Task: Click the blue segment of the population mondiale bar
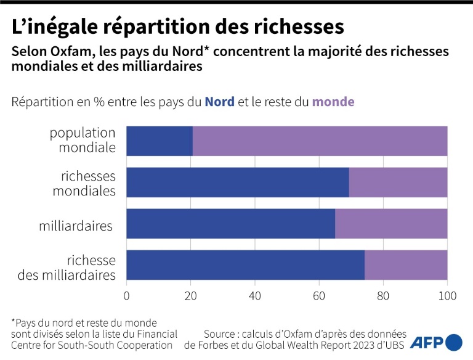point(160,141)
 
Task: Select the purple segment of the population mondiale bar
point(320,141)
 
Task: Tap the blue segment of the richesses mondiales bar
point(238,182)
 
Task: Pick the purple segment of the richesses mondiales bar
point(398,182)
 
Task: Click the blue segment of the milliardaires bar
point(231,224)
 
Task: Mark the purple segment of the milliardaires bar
point(391,224)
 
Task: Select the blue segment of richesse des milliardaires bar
point(245,265)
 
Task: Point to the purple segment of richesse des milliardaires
point(406,265)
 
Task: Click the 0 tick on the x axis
point(127,296)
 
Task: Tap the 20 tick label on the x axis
point(191,296)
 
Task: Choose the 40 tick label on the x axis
point(255,296)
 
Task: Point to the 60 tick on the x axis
point(319,296)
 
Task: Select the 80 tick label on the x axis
point(383,296)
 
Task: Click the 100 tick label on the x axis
point(447,296)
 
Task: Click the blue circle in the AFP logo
point(454,342)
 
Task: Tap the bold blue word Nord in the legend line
point(219,102)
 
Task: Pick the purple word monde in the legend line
point(333,102)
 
